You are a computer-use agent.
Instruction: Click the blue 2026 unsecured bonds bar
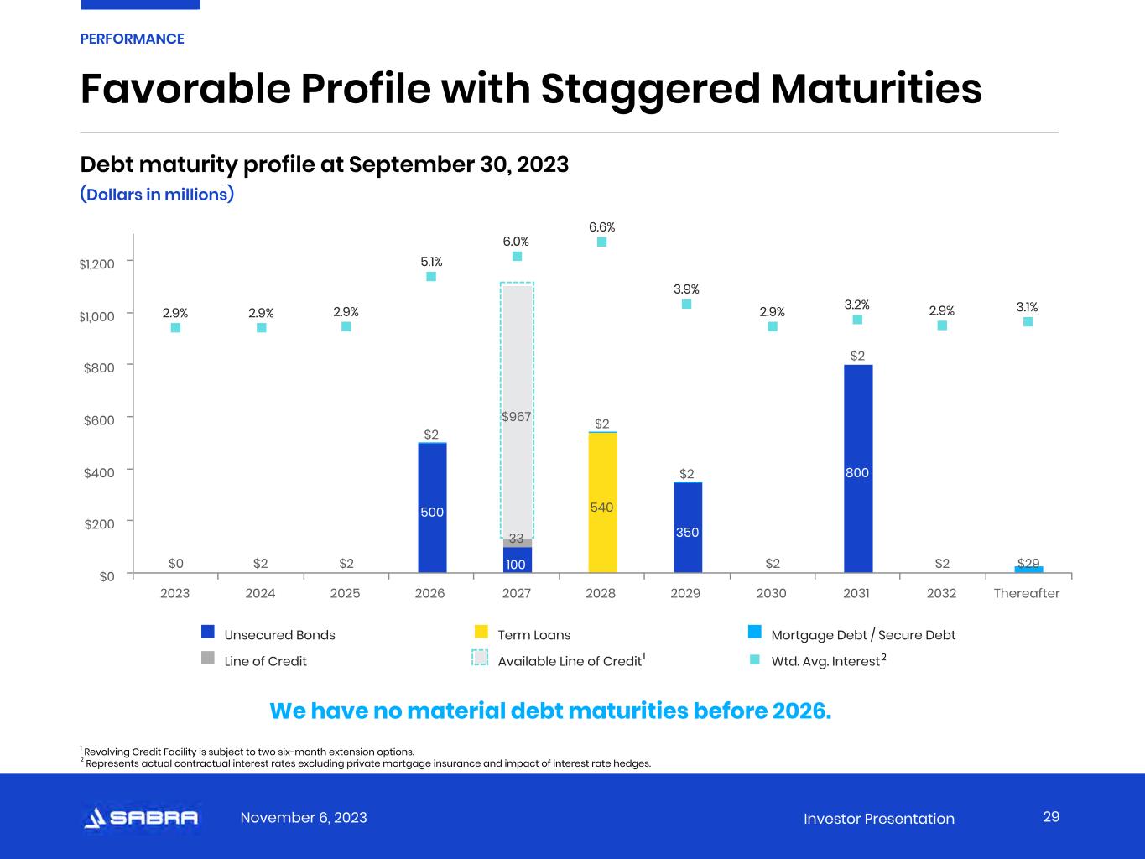pos(432,508)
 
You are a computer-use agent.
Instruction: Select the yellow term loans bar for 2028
pos(602,503)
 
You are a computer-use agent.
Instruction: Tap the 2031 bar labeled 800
pos(857,470)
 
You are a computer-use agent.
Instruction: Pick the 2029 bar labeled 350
pos(688,528)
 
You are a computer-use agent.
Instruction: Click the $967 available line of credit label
pos(517,416)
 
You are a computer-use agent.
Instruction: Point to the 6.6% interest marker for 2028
pos(601,242)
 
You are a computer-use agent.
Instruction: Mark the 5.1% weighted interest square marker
pos(431,276)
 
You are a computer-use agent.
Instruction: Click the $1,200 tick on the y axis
pos(96,264)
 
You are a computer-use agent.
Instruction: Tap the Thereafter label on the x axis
pos(1027,593)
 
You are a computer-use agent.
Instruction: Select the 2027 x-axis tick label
pos(516,593)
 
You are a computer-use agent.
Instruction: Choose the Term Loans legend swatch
pos(481,632)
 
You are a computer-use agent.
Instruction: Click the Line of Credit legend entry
pos(265,661)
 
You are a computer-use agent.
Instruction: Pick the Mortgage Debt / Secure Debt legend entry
pos(862,635)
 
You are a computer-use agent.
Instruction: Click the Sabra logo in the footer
pos(141,818)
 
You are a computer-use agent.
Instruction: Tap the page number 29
pos(1051,817)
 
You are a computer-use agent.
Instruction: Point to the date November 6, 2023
pos(304,818)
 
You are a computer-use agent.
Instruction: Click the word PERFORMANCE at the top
pos(132,39)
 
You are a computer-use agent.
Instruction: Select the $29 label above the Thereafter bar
pos(1028,563)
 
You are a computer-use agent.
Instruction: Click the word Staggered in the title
pos(653,89)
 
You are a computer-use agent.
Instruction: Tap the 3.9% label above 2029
pos(686,289)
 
